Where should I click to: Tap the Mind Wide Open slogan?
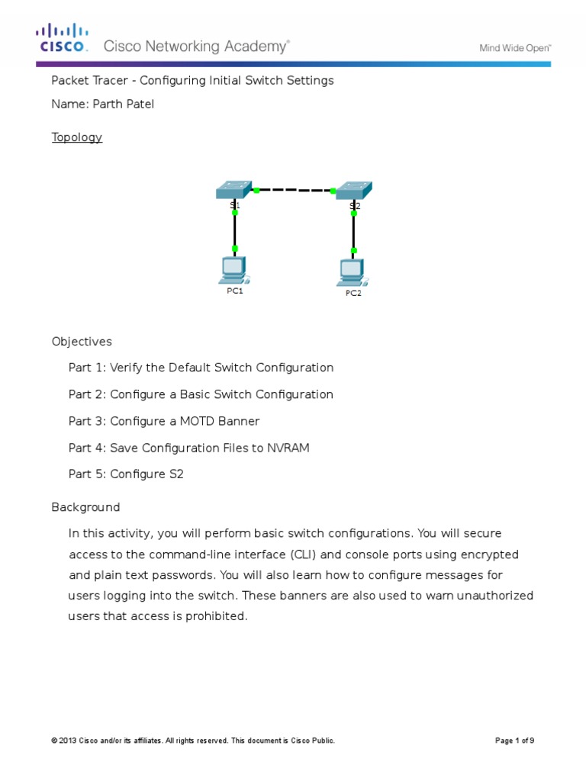tap(515, 47)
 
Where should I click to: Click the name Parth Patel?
tap(124, 104)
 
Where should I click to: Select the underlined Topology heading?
tap(76, 137)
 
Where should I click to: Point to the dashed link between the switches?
tap(295, 190)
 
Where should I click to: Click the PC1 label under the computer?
tap(235, 291)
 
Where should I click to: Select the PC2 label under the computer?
tap(353, 293)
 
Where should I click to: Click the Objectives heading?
tap(82, 342)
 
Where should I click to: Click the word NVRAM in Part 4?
tap(289, 448)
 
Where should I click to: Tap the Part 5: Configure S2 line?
tap(126, 474)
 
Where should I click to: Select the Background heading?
tap(85, 507)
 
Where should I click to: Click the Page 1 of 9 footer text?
tap(515, 741)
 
